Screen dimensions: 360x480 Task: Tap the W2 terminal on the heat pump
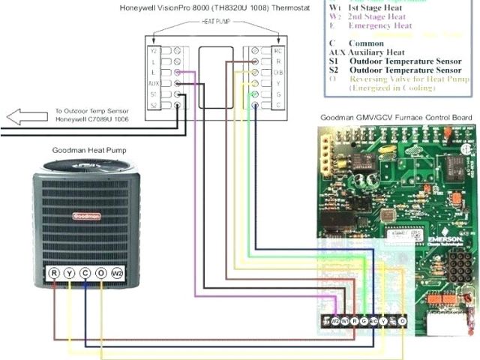click(117, 274)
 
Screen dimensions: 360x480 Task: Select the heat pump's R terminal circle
click(54, 274)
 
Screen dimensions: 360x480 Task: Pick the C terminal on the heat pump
click(85, 274)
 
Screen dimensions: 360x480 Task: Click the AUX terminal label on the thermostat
click(154, 83)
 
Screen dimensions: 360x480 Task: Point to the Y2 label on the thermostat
click(154, 51)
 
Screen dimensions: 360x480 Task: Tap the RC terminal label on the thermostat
click(277, 51)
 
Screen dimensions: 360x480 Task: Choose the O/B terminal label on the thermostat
click(277, 73)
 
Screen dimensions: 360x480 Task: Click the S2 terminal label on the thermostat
click(154, 106)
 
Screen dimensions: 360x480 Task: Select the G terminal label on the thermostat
click(277, 94)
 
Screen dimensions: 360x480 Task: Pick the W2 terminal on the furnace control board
click(335, 321)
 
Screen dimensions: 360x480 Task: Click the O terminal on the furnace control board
click(403, 321)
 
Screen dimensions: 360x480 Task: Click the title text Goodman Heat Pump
click(89, 150)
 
